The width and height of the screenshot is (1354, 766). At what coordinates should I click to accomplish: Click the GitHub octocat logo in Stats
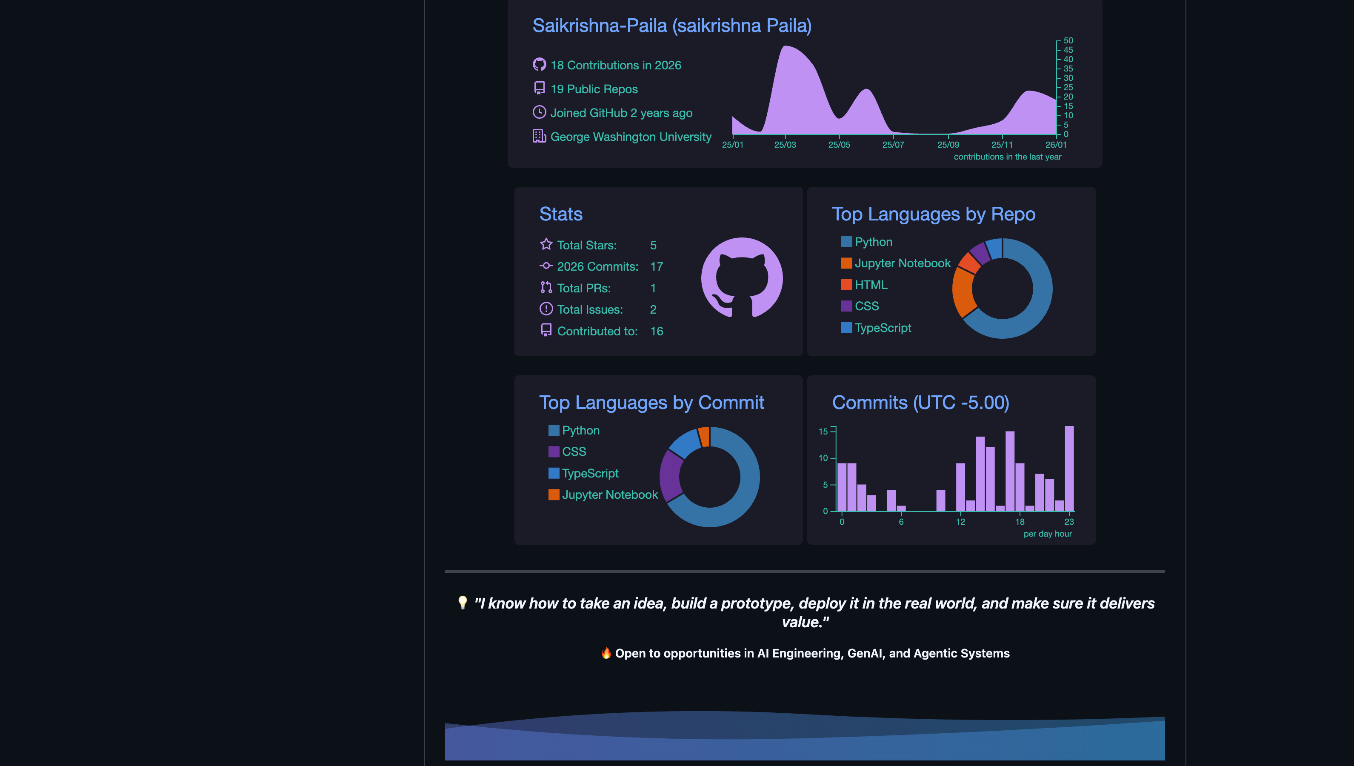click(742, 278)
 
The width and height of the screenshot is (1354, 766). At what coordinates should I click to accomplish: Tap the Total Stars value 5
click(653, 245)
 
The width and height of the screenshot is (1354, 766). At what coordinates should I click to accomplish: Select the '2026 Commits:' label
click(597, 267)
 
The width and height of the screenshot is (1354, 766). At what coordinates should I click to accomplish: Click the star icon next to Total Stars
click(546, 244)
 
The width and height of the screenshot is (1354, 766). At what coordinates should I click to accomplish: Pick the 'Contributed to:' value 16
click(656, 332)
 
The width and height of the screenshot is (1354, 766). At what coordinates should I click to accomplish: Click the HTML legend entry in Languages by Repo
click(870, 285)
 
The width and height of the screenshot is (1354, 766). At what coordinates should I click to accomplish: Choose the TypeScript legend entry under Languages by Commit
click(589, 474)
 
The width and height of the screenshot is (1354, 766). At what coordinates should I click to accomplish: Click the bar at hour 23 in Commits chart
click(1069, 468)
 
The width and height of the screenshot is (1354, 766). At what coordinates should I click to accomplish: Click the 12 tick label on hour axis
click(960, 522)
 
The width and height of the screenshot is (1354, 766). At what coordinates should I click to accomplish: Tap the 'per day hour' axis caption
click(1047, 534)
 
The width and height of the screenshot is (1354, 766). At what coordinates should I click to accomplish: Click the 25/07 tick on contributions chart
click(893, 145)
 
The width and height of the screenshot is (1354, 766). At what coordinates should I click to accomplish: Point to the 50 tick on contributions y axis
click(1068, 40)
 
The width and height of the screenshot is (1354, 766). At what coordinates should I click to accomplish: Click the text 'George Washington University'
click(630, 137)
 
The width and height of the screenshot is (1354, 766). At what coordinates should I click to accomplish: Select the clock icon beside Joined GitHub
click(539, 112)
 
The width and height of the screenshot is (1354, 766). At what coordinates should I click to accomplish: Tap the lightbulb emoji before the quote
click(463, 603)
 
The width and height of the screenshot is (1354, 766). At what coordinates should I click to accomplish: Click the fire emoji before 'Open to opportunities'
click(606, 653)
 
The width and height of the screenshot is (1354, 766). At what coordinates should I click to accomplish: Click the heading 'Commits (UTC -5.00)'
click(920, 403)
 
